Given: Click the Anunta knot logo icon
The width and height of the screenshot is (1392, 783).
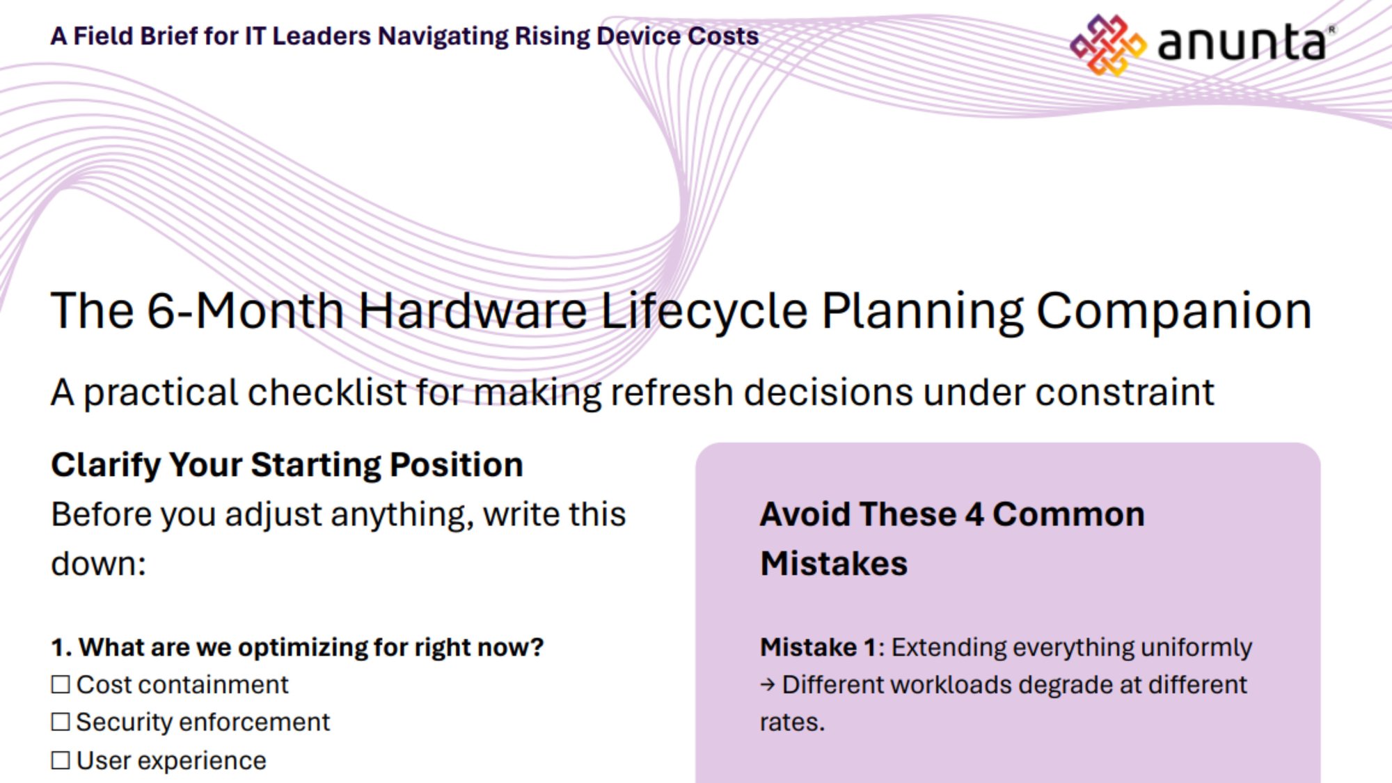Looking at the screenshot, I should click(1107, 45).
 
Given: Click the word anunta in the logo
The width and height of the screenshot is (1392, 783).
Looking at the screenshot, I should click(1242, 43).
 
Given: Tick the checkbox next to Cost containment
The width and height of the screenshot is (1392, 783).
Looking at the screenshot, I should click(61, 685).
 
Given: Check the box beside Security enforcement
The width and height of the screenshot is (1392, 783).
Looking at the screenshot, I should click(61, 722).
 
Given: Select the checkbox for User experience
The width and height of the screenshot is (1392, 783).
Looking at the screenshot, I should click(61, 761).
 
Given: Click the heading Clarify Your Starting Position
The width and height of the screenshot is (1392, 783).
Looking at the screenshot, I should click(287, 465).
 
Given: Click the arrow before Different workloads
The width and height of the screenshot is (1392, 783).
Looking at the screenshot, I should click(767, 686).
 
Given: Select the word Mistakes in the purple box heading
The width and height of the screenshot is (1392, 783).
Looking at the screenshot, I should click(833, 564).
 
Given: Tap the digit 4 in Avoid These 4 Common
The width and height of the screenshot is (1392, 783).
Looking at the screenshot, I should click(974, 515).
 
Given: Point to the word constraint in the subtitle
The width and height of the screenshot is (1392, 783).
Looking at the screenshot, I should click(1124, 393).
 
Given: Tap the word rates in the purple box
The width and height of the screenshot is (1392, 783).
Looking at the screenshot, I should click(791, 722).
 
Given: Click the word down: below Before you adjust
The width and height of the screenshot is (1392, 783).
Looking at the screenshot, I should click(98, 564).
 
